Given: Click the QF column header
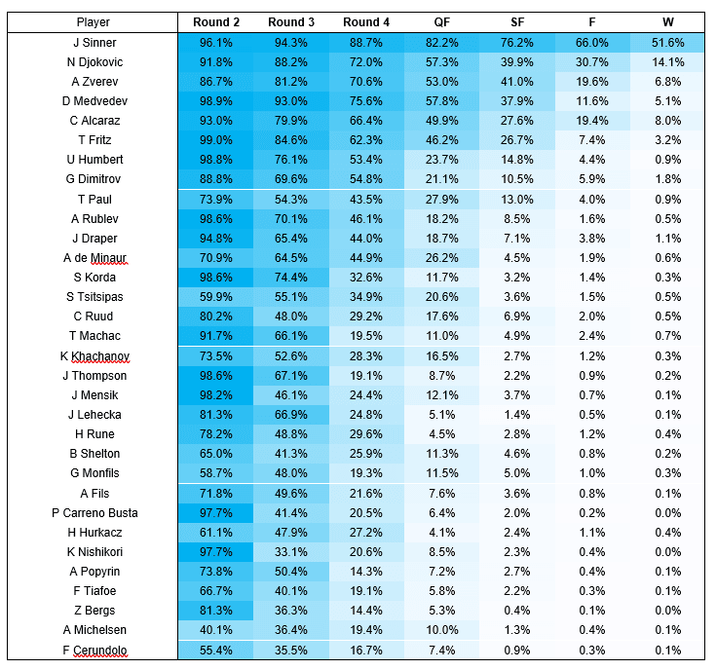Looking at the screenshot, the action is (x=441, y=22).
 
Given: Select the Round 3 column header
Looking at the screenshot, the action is (x=291, y=22).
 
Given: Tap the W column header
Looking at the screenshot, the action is (x=667, y=22).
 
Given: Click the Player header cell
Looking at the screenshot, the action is (x=94, y=22).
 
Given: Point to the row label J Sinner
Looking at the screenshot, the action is (x=94, y=43).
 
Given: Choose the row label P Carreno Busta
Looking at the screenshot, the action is (x=94, y=513).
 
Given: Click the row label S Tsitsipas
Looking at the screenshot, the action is (x=94, y=297).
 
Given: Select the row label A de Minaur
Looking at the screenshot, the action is (x=94, y=258).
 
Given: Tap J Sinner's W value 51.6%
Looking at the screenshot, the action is (x=667, y=43).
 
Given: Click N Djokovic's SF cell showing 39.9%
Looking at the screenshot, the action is (x=517, y=62).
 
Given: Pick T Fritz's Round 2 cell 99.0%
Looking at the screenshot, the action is (x=215, y=140).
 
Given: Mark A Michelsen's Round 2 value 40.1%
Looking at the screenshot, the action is (x=215, y=630).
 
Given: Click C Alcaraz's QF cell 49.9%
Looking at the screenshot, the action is (x=441, y=121).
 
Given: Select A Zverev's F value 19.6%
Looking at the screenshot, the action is (x=592, y=82).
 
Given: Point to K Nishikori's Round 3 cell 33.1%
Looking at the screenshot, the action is (x=291, y=552).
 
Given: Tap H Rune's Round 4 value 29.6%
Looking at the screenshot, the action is (x=365, y=434).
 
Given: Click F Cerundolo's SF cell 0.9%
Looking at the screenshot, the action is (x=517, y=650).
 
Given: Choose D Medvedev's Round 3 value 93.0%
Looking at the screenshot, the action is (x=291, y=101).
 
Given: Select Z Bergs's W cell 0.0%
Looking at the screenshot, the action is (x=667, y=611).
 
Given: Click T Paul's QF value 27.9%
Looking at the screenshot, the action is (x=441, y=200).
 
